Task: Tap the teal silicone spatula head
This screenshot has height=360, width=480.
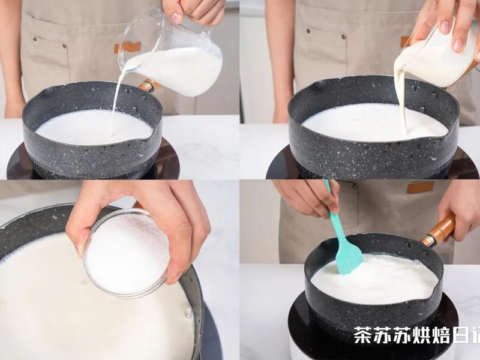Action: click(349, 257)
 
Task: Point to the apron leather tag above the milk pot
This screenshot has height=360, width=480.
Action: click(128, 47)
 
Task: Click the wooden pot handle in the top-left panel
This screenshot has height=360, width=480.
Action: click(146, 86)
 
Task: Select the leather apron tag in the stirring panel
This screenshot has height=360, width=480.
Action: click(420, 187)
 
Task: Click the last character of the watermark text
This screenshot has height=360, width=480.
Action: click(474, 335)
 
